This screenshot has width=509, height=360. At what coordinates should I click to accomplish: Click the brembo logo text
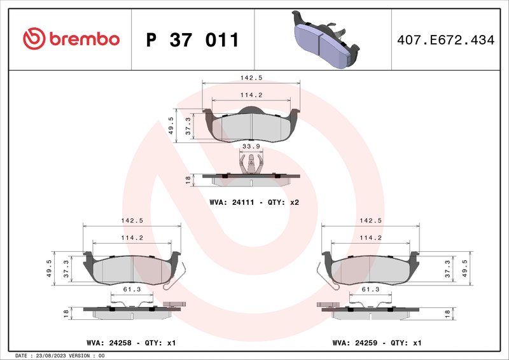click(81, 39)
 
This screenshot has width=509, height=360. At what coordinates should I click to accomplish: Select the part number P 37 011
click(192, 39)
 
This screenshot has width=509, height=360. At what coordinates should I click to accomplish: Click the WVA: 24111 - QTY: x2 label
click(254, 202)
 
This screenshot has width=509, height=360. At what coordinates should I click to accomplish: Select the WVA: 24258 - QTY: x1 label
click(130, 343)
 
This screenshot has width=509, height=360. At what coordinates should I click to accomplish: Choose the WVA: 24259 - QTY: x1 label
click(377, 343)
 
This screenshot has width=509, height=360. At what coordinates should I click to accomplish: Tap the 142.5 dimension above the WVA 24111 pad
click(251, 78)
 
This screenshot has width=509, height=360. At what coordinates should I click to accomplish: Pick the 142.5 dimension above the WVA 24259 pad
click(370, 221)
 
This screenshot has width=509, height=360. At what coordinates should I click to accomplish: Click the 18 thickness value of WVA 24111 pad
click(188, 180)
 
